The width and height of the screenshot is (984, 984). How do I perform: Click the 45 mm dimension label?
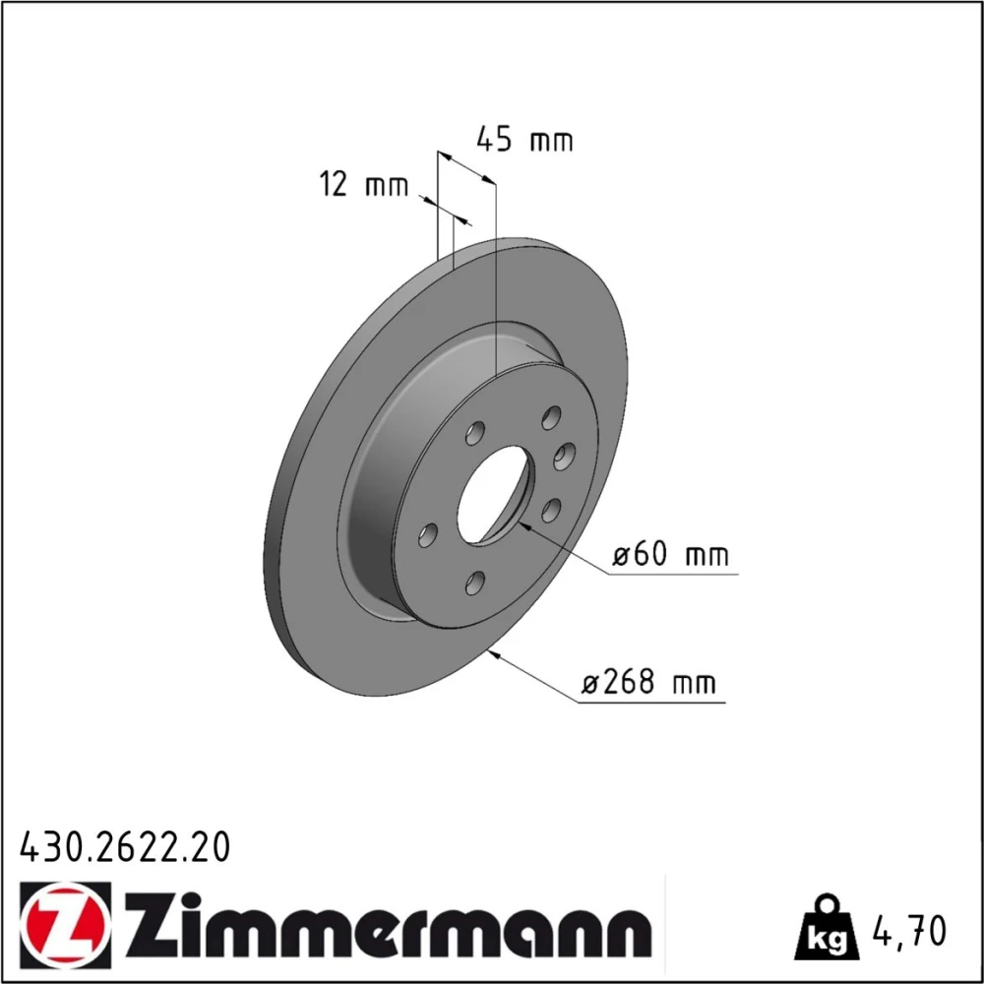pos(524,140)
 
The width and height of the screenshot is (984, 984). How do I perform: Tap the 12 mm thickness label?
pos(364,185)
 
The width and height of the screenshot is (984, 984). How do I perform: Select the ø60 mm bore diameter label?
pos(671,555)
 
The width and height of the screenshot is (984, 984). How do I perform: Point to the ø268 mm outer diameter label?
pos(648,682)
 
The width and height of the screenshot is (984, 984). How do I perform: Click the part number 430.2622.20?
pos(125,847)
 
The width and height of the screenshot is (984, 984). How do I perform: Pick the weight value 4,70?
pos(909,930)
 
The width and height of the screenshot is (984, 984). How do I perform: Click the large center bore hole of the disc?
pos(493,496)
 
